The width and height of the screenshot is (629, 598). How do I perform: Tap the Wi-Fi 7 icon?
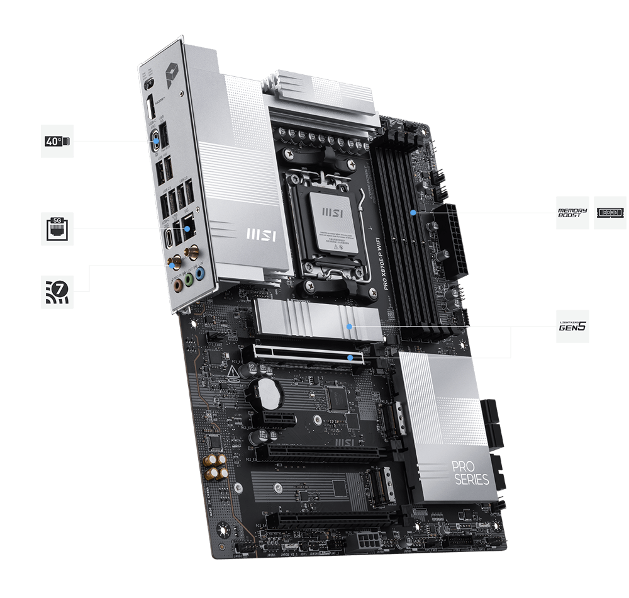coord(57,291)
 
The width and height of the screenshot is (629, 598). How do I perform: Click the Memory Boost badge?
coord(572,213)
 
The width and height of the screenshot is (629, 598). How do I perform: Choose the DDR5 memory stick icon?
coord(610,213)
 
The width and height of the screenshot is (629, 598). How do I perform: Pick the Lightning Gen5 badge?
coord(572,326)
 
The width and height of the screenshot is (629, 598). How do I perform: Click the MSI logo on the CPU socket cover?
coord(333,213)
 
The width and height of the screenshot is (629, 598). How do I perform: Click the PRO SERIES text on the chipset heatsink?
coord(469,473)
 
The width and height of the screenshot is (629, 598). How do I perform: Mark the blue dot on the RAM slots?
coord(413,213)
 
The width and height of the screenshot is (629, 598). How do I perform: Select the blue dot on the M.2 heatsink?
coord(350,327)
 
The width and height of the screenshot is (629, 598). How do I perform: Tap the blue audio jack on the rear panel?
coord(199,274)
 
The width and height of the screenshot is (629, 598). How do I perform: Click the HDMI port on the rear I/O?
coord(152,108)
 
